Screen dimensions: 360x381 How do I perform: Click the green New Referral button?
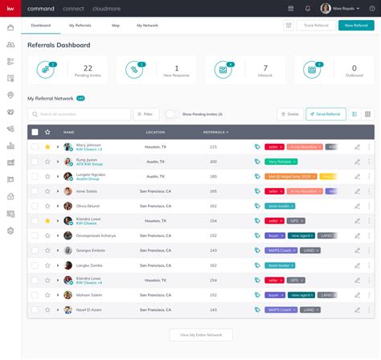356,26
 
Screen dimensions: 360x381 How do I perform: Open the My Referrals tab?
80,26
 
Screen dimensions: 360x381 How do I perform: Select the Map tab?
116,26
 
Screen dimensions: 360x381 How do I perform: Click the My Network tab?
147,26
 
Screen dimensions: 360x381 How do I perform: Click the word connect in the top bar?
73,8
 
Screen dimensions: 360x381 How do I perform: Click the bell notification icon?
308,8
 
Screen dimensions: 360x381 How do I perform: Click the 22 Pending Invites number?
88,69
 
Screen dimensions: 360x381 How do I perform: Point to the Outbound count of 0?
354,69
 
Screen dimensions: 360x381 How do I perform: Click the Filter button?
146,114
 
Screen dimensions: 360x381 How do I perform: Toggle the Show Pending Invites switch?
171,114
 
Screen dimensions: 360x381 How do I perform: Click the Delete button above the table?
289,114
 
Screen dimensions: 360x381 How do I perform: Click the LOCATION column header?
155,132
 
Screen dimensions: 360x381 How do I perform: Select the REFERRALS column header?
215,132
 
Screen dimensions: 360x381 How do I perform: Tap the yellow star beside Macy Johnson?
47,147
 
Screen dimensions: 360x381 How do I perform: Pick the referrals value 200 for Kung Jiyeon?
213,162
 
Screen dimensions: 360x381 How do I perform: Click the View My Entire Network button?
201,334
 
